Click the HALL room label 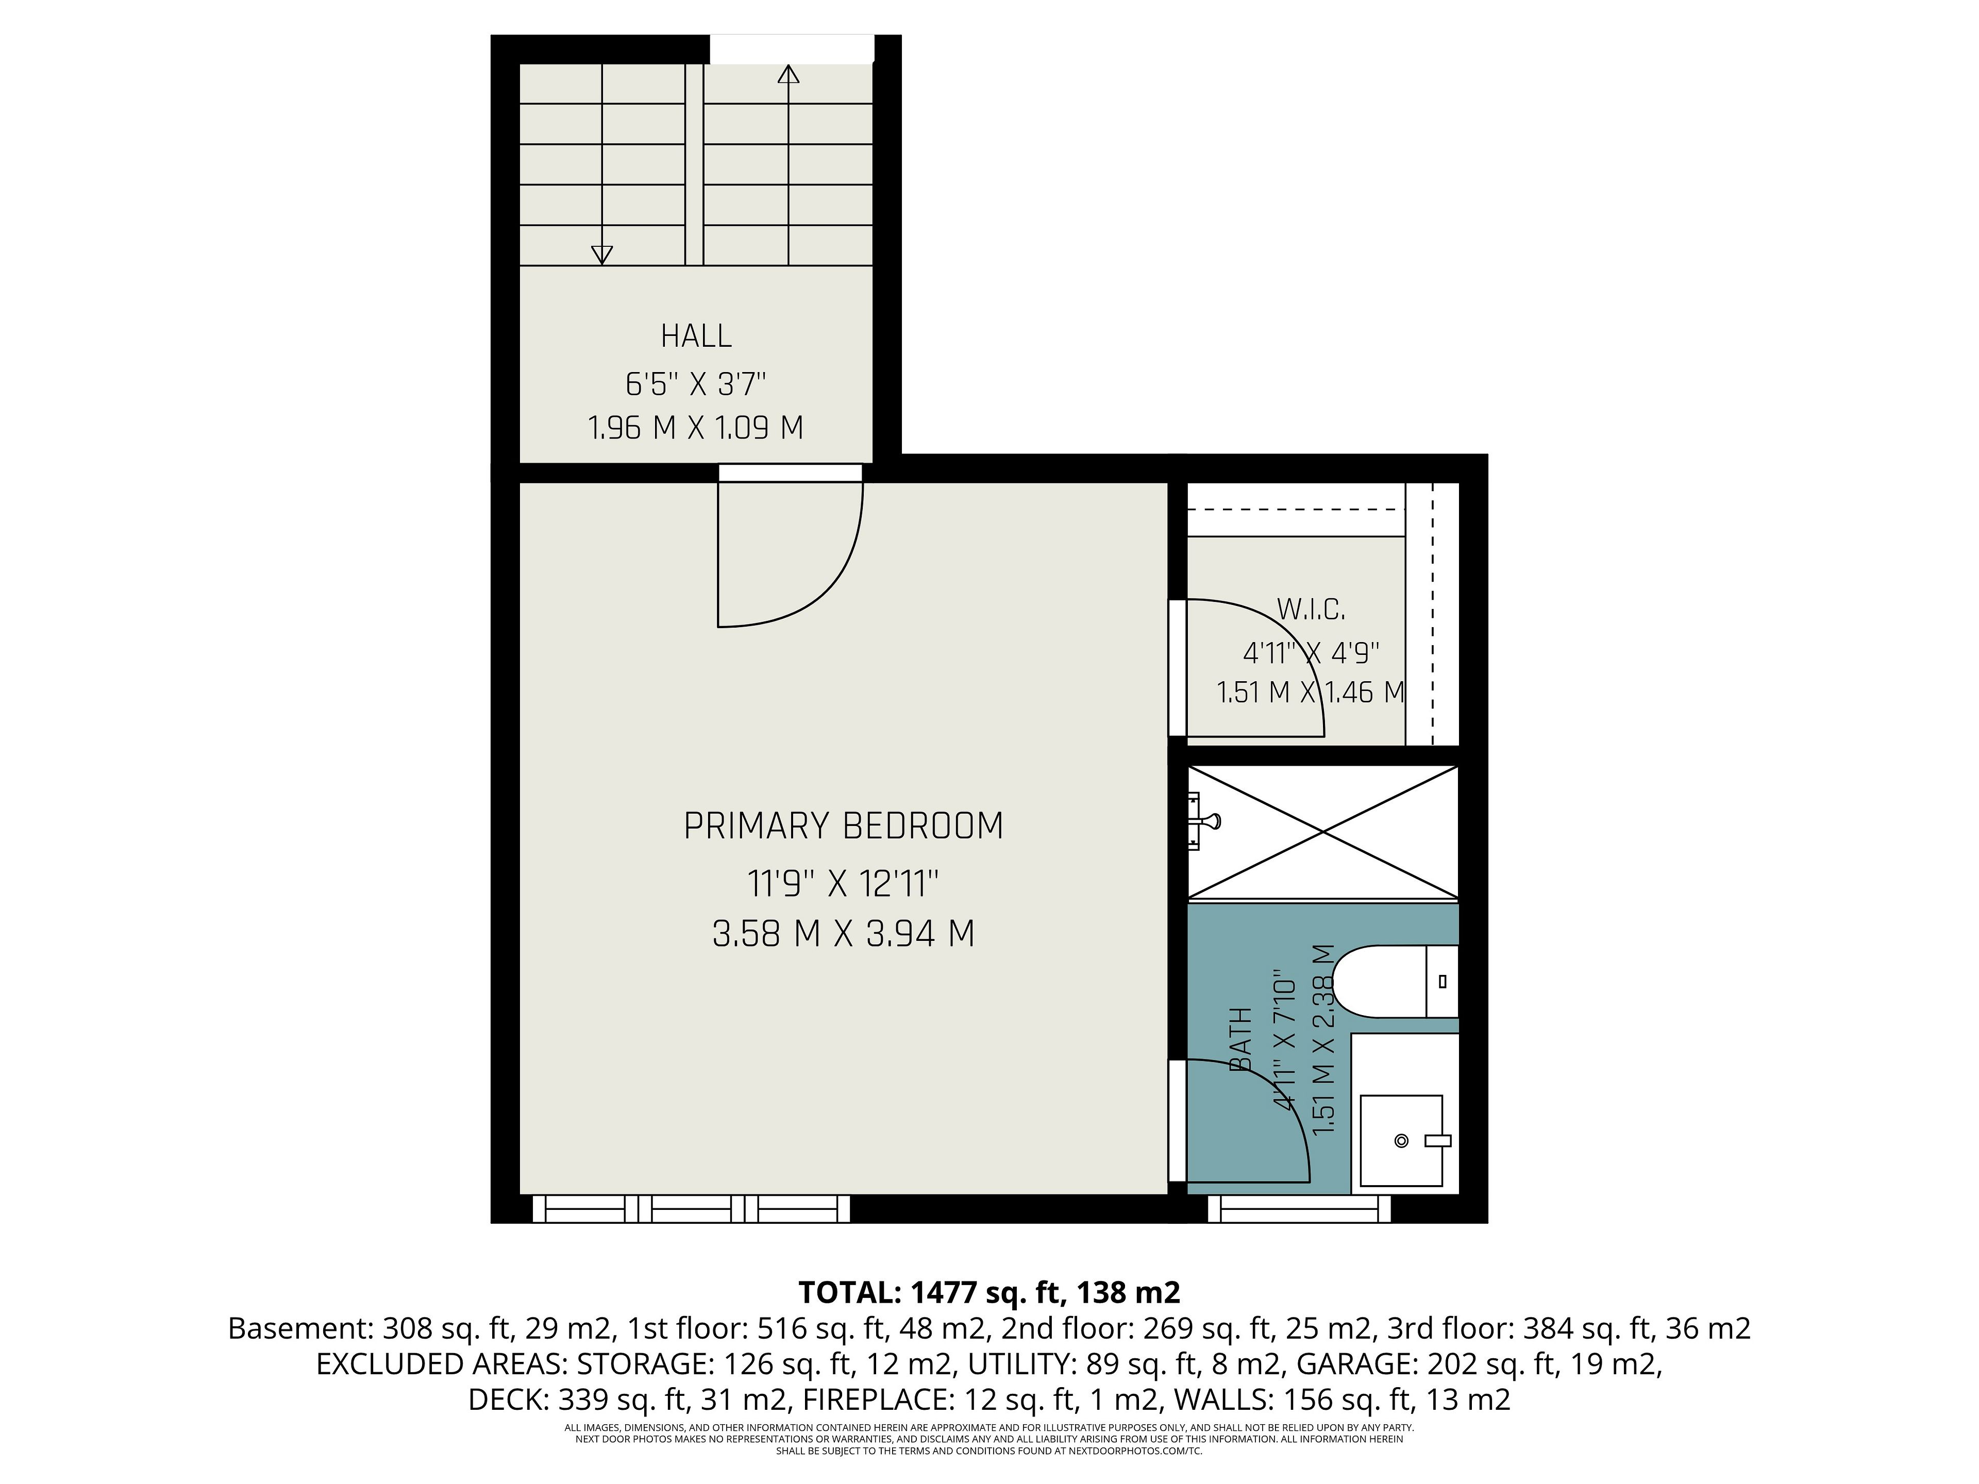pyautogui.click(x=696, y=336)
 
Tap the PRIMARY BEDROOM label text pyautogui.click(x=844, y=825)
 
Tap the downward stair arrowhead pyautogui.click(x=602, y=256)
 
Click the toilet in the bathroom pyautogui.click(x=1396, y=981)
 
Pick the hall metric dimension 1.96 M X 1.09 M pyautogui.click(x=696, y=428)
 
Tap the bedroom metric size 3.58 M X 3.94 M pyautogui.click(x=844, y=934)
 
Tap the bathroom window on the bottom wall pyautogui.click(x=1299, y=1209)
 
